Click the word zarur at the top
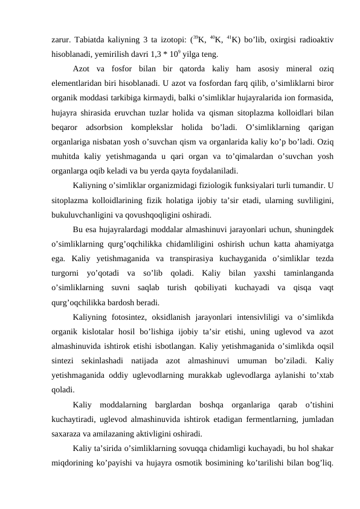(61, 41)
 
